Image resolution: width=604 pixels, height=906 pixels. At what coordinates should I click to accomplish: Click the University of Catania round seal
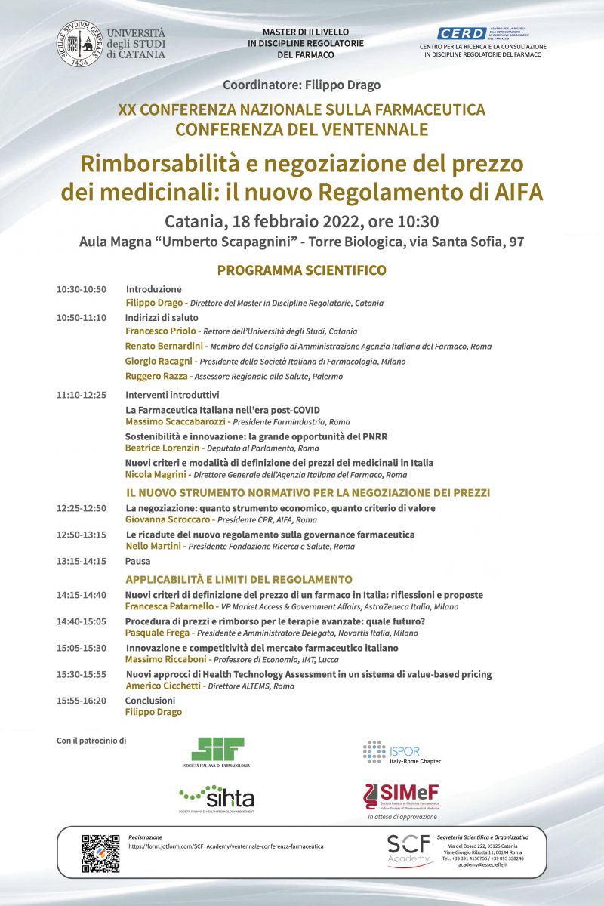(79, 44)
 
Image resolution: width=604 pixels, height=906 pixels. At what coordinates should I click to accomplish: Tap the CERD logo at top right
(462, 34)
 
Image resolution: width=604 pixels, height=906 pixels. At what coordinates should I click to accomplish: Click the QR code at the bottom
(100, 853)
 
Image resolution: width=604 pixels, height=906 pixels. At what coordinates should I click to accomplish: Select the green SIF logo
(217, 750)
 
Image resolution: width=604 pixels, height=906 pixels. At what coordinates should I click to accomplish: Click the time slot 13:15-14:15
(81, 561)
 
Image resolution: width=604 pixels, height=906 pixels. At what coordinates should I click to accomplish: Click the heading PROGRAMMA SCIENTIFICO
(302, 270)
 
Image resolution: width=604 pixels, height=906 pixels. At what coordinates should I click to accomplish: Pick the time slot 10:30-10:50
(81, 289)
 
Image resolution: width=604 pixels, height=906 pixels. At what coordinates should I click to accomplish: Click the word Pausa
(137, 561)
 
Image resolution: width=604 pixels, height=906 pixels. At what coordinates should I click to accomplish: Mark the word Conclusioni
(149, 700)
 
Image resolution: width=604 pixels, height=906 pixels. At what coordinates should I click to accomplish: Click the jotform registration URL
(226, 846)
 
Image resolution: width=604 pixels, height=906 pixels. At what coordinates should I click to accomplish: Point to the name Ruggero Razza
(156, 376)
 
